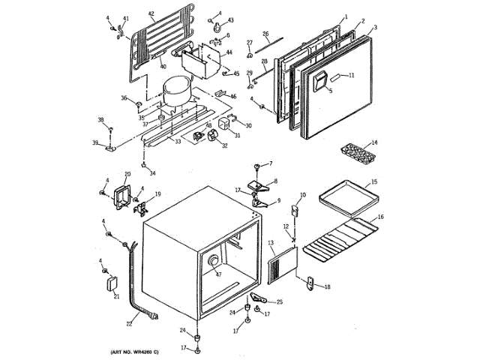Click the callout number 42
pos(151,13)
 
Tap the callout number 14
pos(374,142)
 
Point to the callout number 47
pos(219,275)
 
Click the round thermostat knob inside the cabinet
pos(213,261)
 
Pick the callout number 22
pos(129,324)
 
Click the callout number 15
pos(374,182)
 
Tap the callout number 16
pos(381,217)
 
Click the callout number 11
pos(351,75)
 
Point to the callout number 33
pos(178,141)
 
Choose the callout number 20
pos(127,175)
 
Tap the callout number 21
pos(116,296)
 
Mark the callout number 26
pos(265,33)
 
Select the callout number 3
pos(374,27)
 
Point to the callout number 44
pos(229,53)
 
